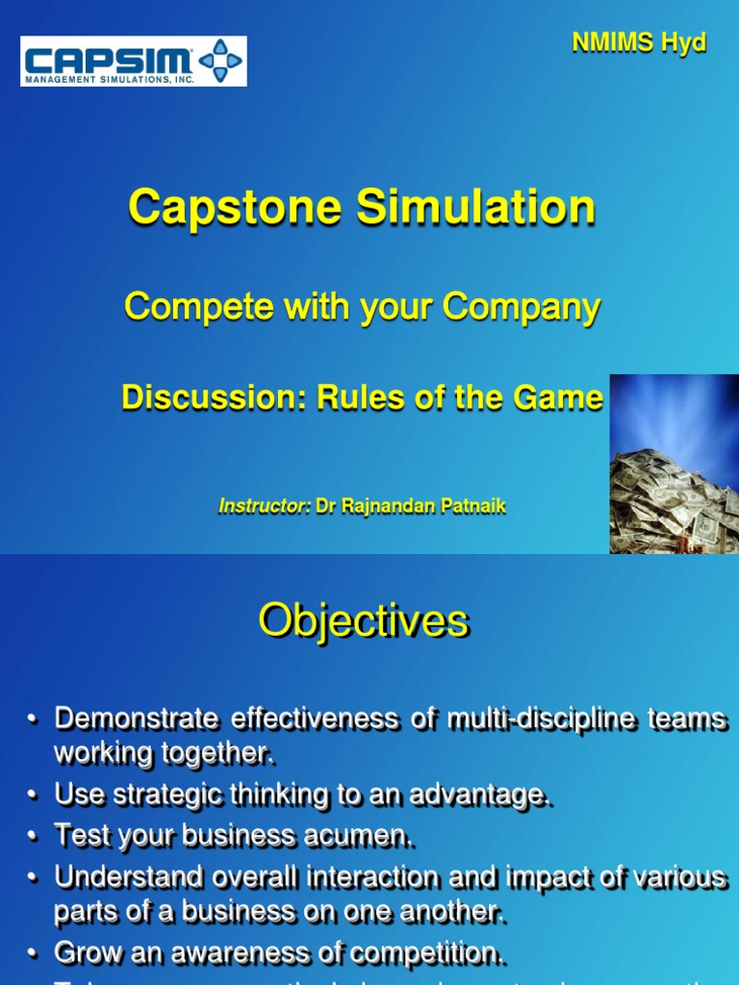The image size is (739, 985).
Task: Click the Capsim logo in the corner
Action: coord(133,62)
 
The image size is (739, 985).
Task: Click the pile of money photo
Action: coord(674,464)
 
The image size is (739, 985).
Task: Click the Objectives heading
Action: coord(363,621)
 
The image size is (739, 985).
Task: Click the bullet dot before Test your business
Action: coord(34,837)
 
